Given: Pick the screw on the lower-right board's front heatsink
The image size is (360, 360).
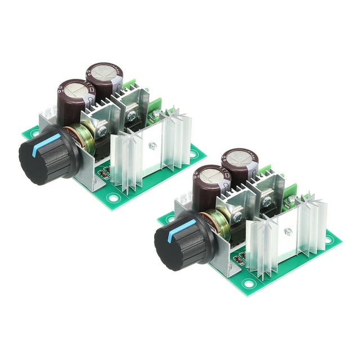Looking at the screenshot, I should [287, 231].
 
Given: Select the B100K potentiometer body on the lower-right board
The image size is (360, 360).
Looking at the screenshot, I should [216, 225].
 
